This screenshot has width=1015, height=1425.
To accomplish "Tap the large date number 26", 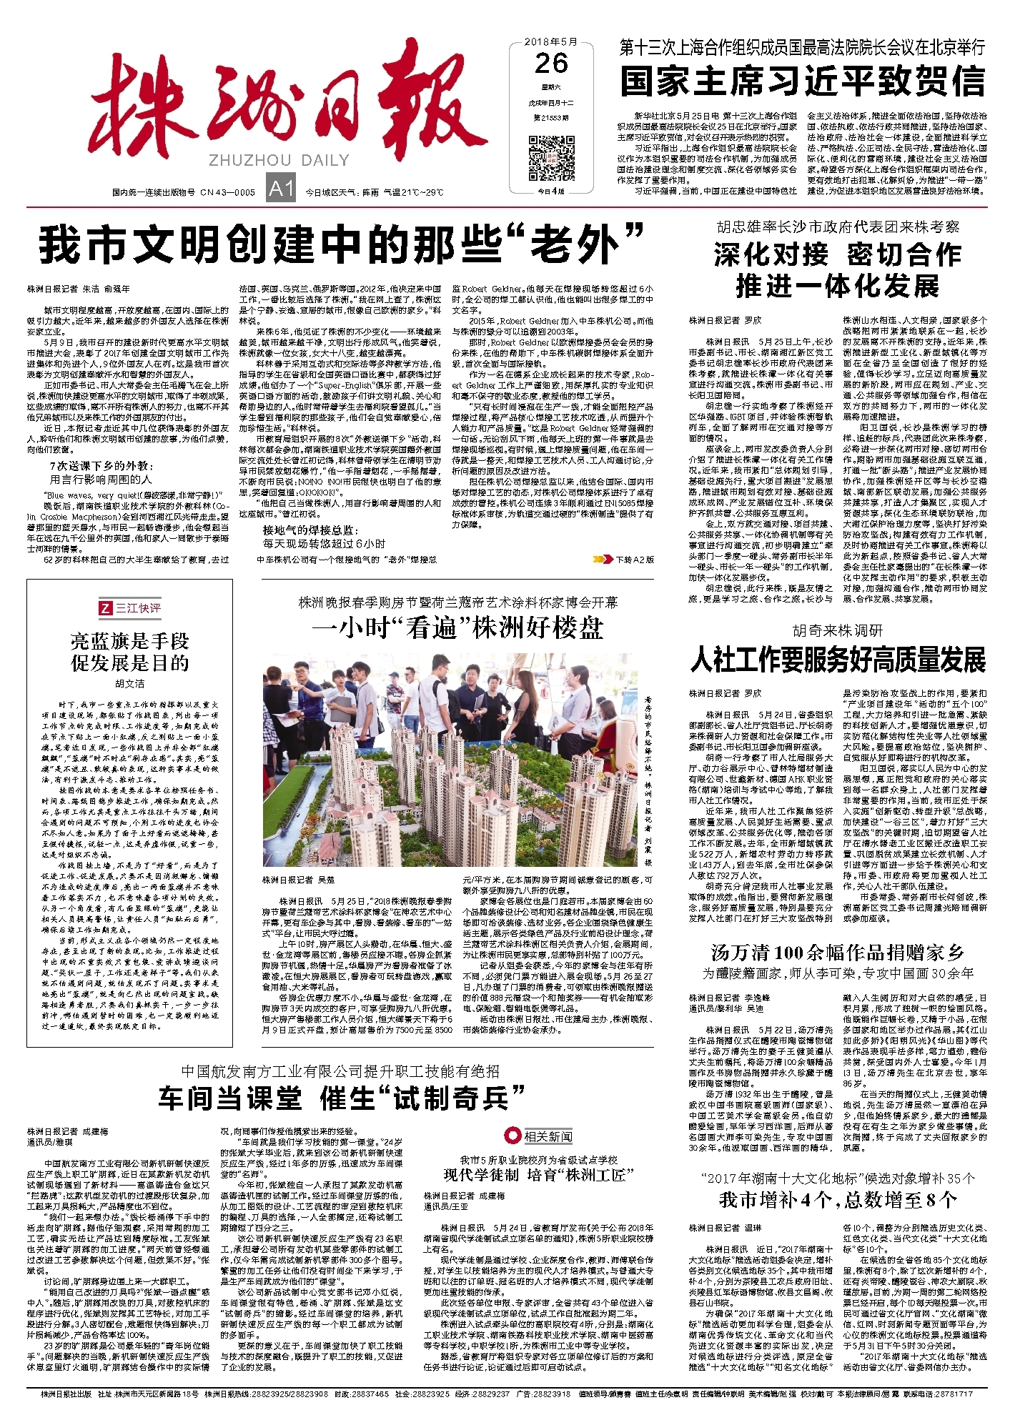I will pos(551,64).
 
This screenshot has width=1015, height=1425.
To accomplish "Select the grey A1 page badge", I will pos(280,189).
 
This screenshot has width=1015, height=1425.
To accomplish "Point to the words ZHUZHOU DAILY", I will pos(279,160).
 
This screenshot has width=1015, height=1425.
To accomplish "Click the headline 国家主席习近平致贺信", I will pos(802,81).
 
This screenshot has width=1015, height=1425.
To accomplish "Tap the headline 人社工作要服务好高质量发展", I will pos(838,660).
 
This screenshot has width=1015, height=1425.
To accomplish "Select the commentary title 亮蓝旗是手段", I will pos(129,641).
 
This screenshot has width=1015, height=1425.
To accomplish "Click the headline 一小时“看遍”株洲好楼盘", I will pos(457,628).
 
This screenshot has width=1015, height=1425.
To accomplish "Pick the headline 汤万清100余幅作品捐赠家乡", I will pos(838,952).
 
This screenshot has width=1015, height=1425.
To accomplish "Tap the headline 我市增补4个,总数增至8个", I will pos(838,1198).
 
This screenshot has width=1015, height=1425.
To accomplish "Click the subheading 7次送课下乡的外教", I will pos(101,465).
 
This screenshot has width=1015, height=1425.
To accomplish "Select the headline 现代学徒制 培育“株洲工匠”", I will pos(539,1175).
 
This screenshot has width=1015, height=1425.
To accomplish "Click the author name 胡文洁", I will pos(129,683).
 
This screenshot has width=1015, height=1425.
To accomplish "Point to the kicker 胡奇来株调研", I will pos(838,630).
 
